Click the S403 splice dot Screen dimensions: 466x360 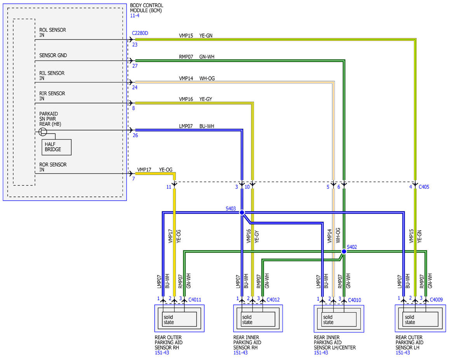tap(242, 212)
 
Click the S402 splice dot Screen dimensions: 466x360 tap(344, 251)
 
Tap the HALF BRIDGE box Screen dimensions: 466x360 tap(56, 147)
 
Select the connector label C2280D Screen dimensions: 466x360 tap(140, 33)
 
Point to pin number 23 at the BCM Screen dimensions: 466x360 tap(135, 45)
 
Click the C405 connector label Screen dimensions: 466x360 tap(424, 187)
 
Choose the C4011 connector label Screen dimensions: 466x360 tap(195, 299)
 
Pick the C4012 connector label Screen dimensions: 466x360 tap(273, 299)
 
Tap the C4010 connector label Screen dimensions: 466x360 tap(355, 300)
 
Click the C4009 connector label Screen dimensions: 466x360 tap(436, 299)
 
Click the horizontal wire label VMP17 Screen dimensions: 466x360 tap(144, 170)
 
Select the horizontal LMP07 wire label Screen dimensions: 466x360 tap(186, 126)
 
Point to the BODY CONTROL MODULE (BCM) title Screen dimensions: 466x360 tap(146, 8)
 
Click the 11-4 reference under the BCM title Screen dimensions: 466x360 tap(135, 16)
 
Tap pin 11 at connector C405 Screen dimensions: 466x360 tap(169, 187)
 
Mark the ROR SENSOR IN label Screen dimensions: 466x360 tap(53, 167)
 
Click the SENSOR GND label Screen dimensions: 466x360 tap(53, 55)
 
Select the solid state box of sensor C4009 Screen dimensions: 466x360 tap(418, 320)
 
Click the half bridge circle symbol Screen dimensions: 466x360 tap(42, 132)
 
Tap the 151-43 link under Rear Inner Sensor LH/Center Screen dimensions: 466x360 tap(321, 353)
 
